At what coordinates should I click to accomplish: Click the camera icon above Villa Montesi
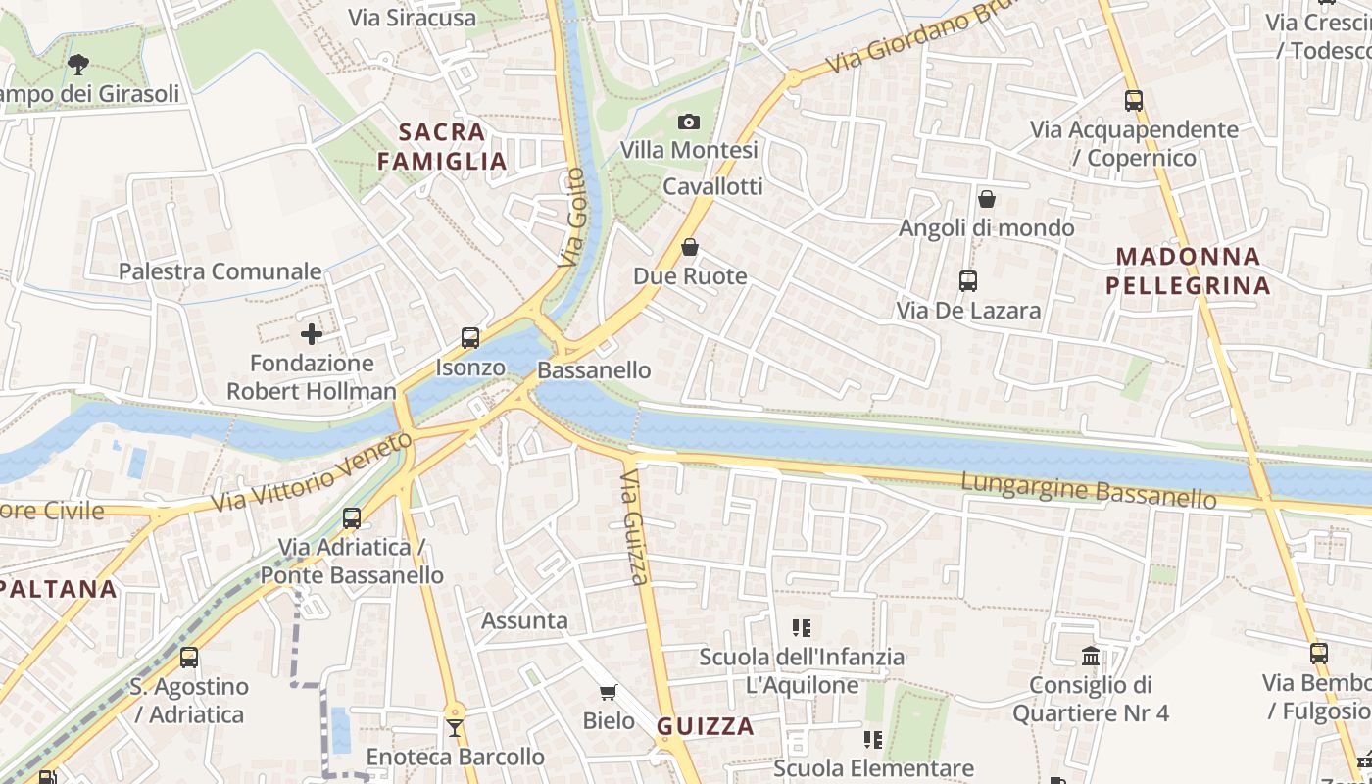point(689,122)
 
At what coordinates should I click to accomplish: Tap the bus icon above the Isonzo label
point(470,338)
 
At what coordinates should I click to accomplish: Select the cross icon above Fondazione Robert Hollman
point(312,334)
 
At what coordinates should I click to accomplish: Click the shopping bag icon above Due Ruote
point(690,247)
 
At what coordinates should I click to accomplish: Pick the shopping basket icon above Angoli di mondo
point(987,199)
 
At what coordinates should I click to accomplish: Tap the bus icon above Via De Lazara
point(968,281)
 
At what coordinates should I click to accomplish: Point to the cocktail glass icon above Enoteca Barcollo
point(455,727)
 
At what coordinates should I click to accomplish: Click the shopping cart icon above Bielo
point(609,693)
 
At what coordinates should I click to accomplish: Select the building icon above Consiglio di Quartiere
point(1091,655)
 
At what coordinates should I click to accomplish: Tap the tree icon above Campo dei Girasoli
point(78,66)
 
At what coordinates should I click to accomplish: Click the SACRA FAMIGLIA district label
point(442,146)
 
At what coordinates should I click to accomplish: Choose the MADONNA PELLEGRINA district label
point(1188,270)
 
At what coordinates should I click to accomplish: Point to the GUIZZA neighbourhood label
point(706,726)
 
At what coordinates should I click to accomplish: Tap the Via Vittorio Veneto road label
point(313,472)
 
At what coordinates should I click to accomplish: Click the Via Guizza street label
point(635,526)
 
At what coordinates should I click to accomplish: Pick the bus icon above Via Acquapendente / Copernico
point(1134,100)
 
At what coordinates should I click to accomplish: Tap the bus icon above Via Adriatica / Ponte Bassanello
point(352,517)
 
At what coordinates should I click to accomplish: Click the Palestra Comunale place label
point(220,271)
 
